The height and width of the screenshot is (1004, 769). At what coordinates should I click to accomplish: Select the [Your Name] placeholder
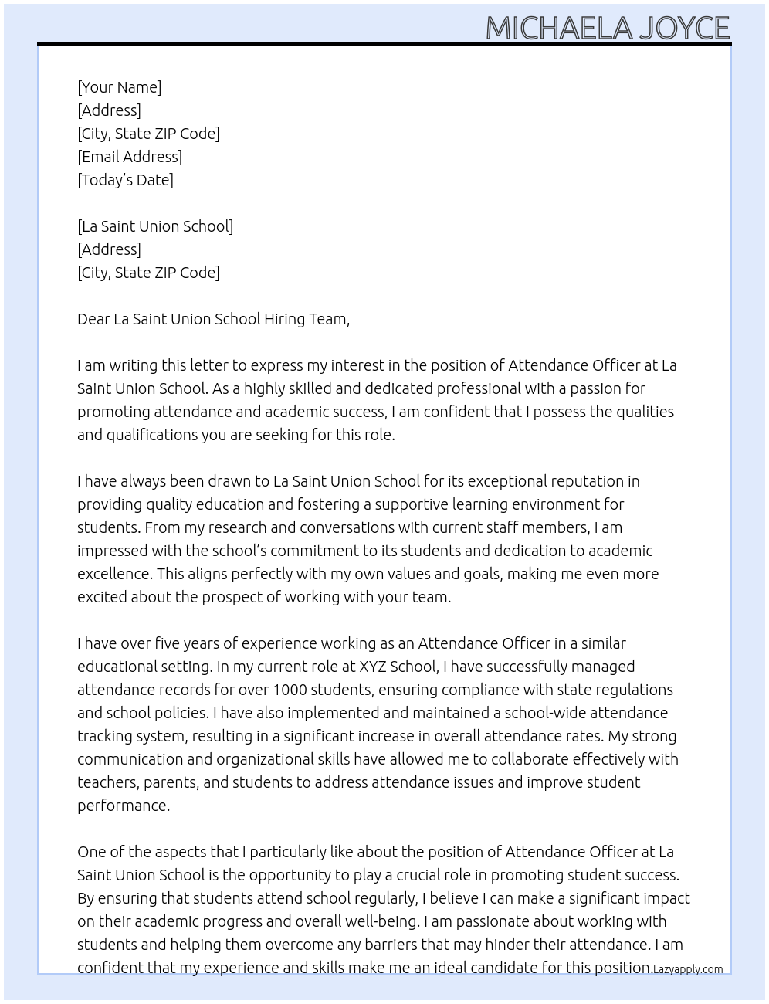pyautogui.click(x=120, y=87)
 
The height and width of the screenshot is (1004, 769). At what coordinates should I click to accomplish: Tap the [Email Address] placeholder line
pyautogui.click(x=130, y=157)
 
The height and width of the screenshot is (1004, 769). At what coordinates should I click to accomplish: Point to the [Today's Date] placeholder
pyautogui.click(x=125, y=180)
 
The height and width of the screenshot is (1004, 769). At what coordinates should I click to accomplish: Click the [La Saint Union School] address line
pyautogui.click(x=155, y=226)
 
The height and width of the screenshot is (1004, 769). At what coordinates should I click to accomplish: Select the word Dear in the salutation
pyautogui.click(x=93, y=319)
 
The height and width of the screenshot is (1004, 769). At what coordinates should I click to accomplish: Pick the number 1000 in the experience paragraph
pyautogui.click(x=290, y=690)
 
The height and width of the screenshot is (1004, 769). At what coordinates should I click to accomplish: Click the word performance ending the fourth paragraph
pyautogui.click(x=122, y=806)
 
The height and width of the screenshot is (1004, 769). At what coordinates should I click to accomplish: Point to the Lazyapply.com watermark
pyautogui.click(x=688, y=969)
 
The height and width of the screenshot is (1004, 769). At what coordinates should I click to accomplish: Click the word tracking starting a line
pyautogui.click(x=104, y=736)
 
